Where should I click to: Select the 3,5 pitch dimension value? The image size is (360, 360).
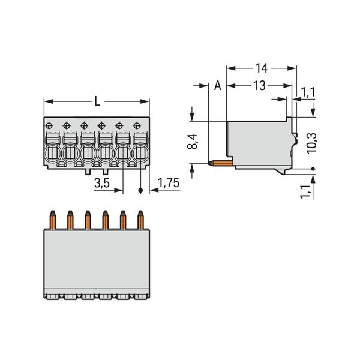click(102, 184)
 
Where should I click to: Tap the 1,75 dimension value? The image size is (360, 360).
click(168, 184)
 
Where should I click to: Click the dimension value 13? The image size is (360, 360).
click(259, 86)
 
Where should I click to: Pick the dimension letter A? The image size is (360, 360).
click(218, 86)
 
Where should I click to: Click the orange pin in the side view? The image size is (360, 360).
click(220, 161)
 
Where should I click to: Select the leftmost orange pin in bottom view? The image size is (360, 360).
click(52, 220)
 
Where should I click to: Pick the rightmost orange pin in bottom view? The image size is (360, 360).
click(141, 220)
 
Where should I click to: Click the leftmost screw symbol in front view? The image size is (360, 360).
click(49, 125)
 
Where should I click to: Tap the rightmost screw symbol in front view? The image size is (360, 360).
click(137, 125)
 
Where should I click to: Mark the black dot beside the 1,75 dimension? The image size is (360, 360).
click(141, 191)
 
